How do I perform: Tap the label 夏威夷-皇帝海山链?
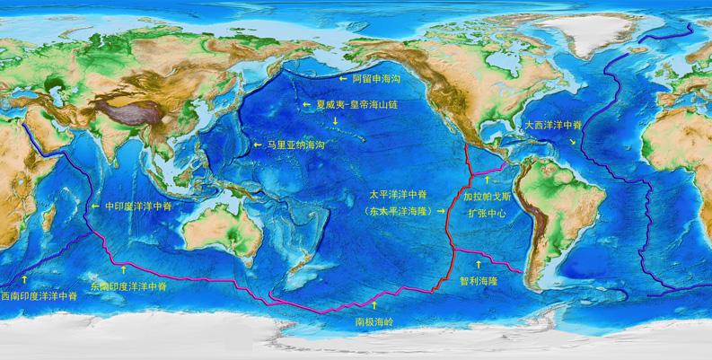tap(357, 104)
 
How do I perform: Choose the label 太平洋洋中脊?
tap(398, 193)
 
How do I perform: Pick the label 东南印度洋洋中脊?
tap(128, 285)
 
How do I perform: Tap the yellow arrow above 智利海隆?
tap(478, 265)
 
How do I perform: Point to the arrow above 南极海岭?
tap(374, 305)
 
